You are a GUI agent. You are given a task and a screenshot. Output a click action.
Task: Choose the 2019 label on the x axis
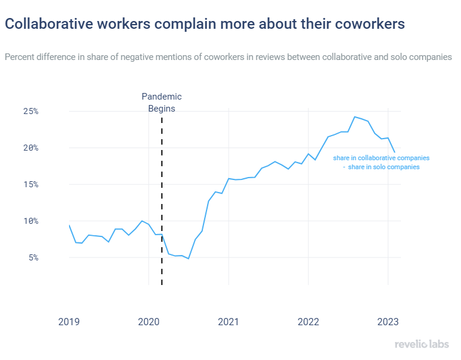click(x=68, y=322)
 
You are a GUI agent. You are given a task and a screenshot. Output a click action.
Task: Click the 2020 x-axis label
click(x=148, y=322)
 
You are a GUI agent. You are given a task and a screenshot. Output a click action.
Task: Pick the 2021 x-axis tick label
click(x=228, y=322)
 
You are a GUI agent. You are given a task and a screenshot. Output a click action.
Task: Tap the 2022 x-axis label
click(x=308, y=322)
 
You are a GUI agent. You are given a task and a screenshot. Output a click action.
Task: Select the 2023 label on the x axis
click(x=388, y=322)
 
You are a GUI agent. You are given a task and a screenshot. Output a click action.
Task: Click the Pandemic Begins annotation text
click(x=161, y=103)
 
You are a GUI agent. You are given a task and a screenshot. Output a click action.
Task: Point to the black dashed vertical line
click(x=162, y=198)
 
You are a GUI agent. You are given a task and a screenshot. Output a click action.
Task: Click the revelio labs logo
click(x=422, y=344)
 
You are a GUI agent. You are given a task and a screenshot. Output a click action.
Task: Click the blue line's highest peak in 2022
click(x=355, y=116)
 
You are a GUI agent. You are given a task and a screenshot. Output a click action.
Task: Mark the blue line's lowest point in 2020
click(x=188, y=259)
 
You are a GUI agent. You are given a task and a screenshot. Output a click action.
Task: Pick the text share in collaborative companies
click(x=381, y=158)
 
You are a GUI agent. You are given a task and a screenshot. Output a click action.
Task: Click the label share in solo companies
click(x=384, y=167)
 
